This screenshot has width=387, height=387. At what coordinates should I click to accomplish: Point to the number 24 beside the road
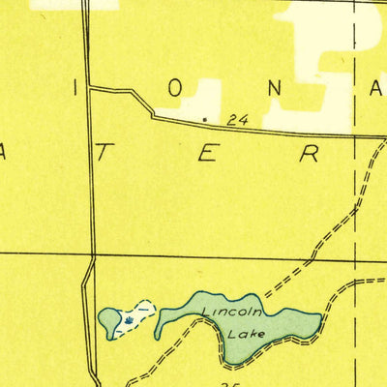pos(236,121)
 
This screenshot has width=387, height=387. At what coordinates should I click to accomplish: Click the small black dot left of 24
pos(205,120)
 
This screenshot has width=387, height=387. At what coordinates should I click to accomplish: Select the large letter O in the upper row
pos(175,87)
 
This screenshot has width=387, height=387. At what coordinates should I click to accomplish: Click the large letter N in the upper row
pos(274,87)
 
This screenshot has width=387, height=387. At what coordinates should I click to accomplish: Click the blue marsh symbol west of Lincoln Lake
pos(131,316)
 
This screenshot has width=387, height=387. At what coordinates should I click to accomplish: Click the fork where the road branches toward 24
pos(89,88)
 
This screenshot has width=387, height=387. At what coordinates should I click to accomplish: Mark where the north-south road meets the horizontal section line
pos(93,256)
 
